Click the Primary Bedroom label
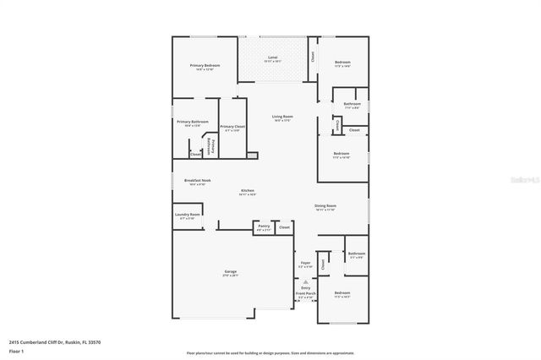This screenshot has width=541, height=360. click(x=205, y=66)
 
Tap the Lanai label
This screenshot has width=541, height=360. click(x=272, y=57)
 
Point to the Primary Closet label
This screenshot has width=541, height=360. click(x=232, y=127)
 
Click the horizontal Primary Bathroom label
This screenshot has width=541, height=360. click(x=193, y=122)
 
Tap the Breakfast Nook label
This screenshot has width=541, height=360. click(x=198, y=180)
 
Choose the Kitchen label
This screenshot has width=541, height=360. click(x=248, y=191)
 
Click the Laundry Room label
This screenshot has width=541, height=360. click(x=188, y=215)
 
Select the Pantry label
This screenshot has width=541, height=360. click(x=264, y=226)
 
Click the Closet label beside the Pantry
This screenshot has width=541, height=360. click(x=284, y=226)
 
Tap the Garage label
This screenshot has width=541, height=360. click(x=229, y=272)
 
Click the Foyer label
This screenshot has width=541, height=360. click(x=306, y=263)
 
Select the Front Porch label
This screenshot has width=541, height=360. click(x=306, y=295)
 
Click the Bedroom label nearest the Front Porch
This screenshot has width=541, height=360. click(x=342, y=293)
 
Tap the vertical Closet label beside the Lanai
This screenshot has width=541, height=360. click(x=312, y=57)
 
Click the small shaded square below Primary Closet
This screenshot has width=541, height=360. click(x=251, y=155)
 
